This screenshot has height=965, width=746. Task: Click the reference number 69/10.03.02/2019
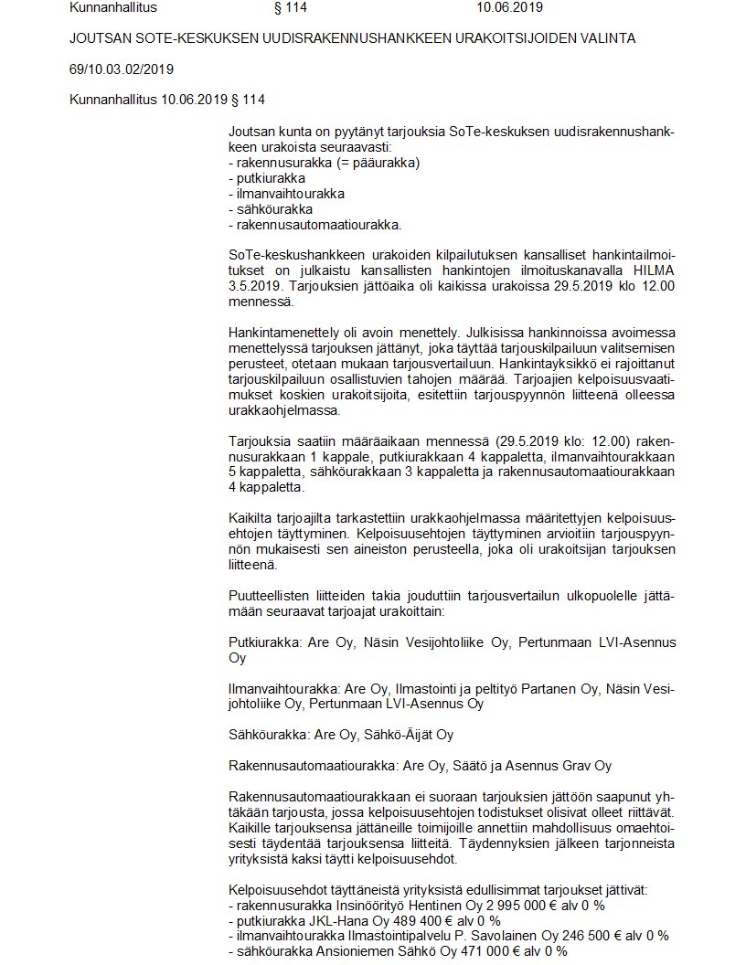(x=122, y=69)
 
